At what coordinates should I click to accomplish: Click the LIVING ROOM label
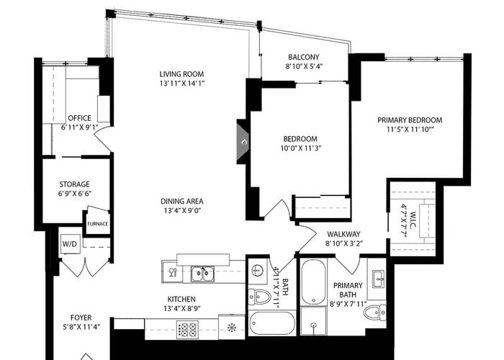pyautogui.click(x=181, y=74)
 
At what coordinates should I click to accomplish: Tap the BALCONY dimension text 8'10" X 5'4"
pyautogui.click(x=304, y=66)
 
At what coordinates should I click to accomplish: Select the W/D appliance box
pyautogui.click(x=70, y=244)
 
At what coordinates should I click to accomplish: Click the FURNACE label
pyautogui.click(x=98, y=224)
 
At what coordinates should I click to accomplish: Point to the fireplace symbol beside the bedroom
pyautogui.click(x=243, y=141)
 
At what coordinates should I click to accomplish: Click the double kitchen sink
pyautogui.click(x=203, y=274)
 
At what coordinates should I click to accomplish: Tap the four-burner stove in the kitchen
pyautogui.click(x=187, y=329)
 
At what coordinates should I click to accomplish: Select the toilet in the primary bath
pyautogui.click(x=375, y=312)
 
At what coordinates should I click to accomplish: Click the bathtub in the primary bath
pyautogui.click(x=313, y=282)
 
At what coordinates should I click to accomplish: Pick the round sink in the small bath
pyautogui.click(x=257, y=270)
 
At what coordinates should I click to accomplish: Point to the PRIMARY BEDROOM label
pyautogui.click(x=410, y=120)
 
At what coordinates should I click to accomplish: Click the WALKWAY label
pyautogui.click(x=343, y=234)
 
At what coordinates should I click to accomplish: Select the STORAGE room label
pyautogui.click(x=75, y=184)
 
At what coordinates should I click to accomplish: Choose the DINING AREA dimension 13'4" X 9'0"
pyautogui.click(x=182, y=211)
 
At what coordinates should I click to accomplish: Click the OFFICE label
pyautogui.click(x=79, y=118)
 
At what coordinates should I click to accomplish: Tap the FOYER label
pyautogui.click(x=81, y=318)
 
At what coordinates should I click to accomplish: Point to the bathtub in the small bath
pyautogui.click(x=272, y=323)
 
